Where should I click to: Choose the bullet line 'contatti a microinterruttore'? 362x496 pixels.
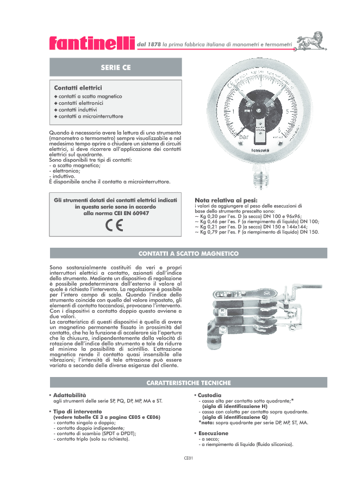click(x=90, y=116)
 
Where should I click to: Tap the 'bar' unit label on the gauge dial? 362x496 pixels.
click(x=244, y=137)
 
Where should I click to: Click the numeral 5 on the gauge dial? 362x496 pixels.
click(x=288, y=111)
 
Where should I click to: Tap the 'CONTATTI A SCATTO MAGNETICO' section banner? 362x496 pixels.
click(x=188, y=253)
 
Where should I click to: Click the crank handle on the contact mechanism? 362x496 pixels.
click(x=297, y=293)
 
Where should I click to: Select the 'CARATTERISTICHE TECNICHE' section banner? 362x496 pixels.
click(x=188, y=383)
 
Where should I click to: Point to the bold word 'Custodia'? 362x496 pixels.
click(x=209, y=394)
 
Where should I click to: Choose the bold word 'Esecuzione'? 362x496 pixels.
click(x=213, y=433)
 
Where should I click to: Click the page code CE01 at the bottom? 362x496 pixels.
click(x=188, y=458)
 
